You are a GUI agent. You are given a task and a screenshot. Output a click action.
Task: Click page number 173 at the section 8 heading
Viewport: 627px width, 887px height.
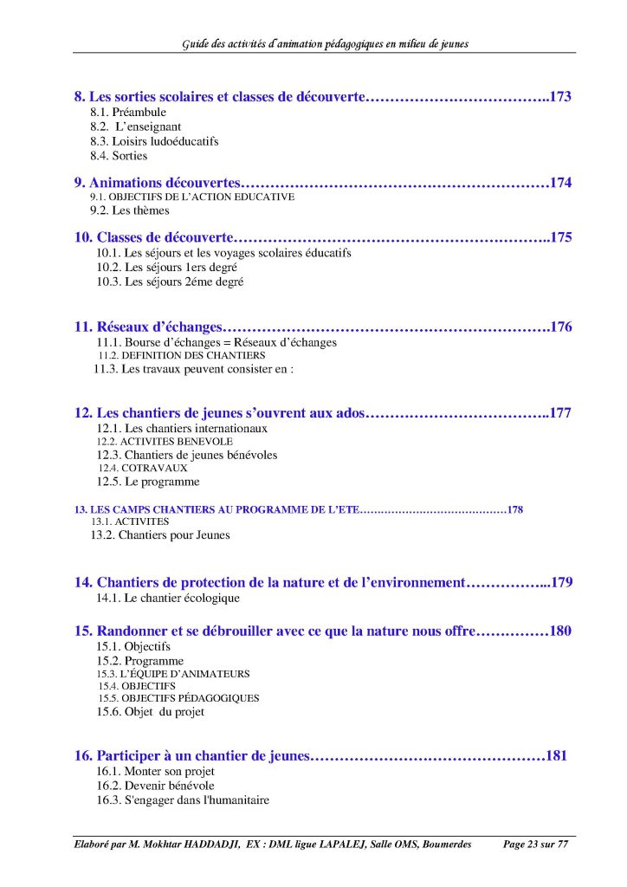click(x=560, y=97)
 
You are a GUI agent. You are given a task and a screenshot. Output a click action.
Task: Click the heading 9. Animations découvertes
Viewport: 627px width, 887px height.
click(x=156, y=183)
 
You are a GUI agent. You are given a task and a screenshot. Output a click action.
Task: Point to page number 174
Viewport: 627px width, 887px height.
click(x=560, y=183)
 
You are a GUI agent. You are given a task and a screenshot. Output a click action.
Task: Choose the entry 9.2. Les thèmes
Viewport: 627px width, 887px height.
click(x=130, y=210)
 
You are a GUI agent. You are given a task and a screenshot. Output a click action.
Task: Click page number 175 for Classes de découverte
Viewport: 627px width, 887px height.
click(x=560, y=237)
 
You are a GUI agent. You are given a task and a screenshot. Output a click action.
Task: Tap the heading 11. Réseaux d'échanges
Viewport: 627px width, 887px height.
click(x=148, y=327)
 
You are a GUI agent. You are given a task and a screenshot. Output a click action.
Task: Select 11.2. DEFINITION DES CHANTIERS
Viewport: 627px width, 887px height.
click(x=181, y=356)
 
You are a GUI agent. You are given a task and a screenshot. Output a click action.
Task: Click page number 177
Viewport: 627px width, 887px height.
click(x=560, y=413)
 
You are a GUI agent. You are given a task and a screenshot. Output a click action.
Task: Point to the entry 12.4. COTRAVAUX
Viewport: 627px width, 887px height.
click(x=143, y=468)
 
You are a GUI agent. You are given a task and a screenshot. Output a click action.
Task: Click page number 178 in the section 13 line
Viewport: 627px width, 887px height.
click(x=515, y=509)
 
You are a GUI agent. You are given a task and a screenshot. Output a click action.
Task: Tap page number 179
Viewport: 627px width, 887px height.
click(x=561, y=583)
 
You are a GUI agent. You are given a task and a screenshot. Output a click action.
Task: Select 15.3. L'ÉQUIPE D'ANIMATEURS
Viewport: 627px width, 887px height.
click(x=173, y=674)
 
